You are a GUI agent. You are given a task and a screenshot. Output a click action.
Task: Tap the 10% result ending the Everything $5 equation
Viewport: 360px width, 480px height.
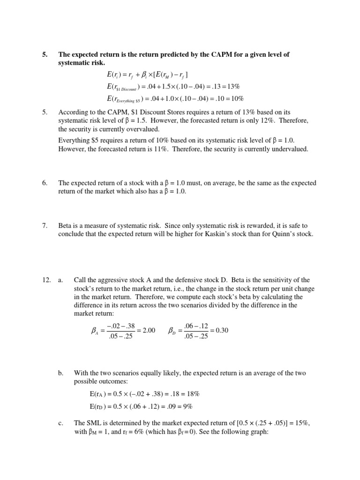pos(237,98)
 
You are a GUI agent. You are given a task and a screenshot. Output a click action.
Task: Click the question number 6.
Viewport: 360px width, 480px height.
pos(45,183)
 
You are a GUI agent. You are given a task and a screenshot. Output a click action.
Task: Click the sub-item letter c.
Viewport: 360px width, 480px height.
pos(60,423)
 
